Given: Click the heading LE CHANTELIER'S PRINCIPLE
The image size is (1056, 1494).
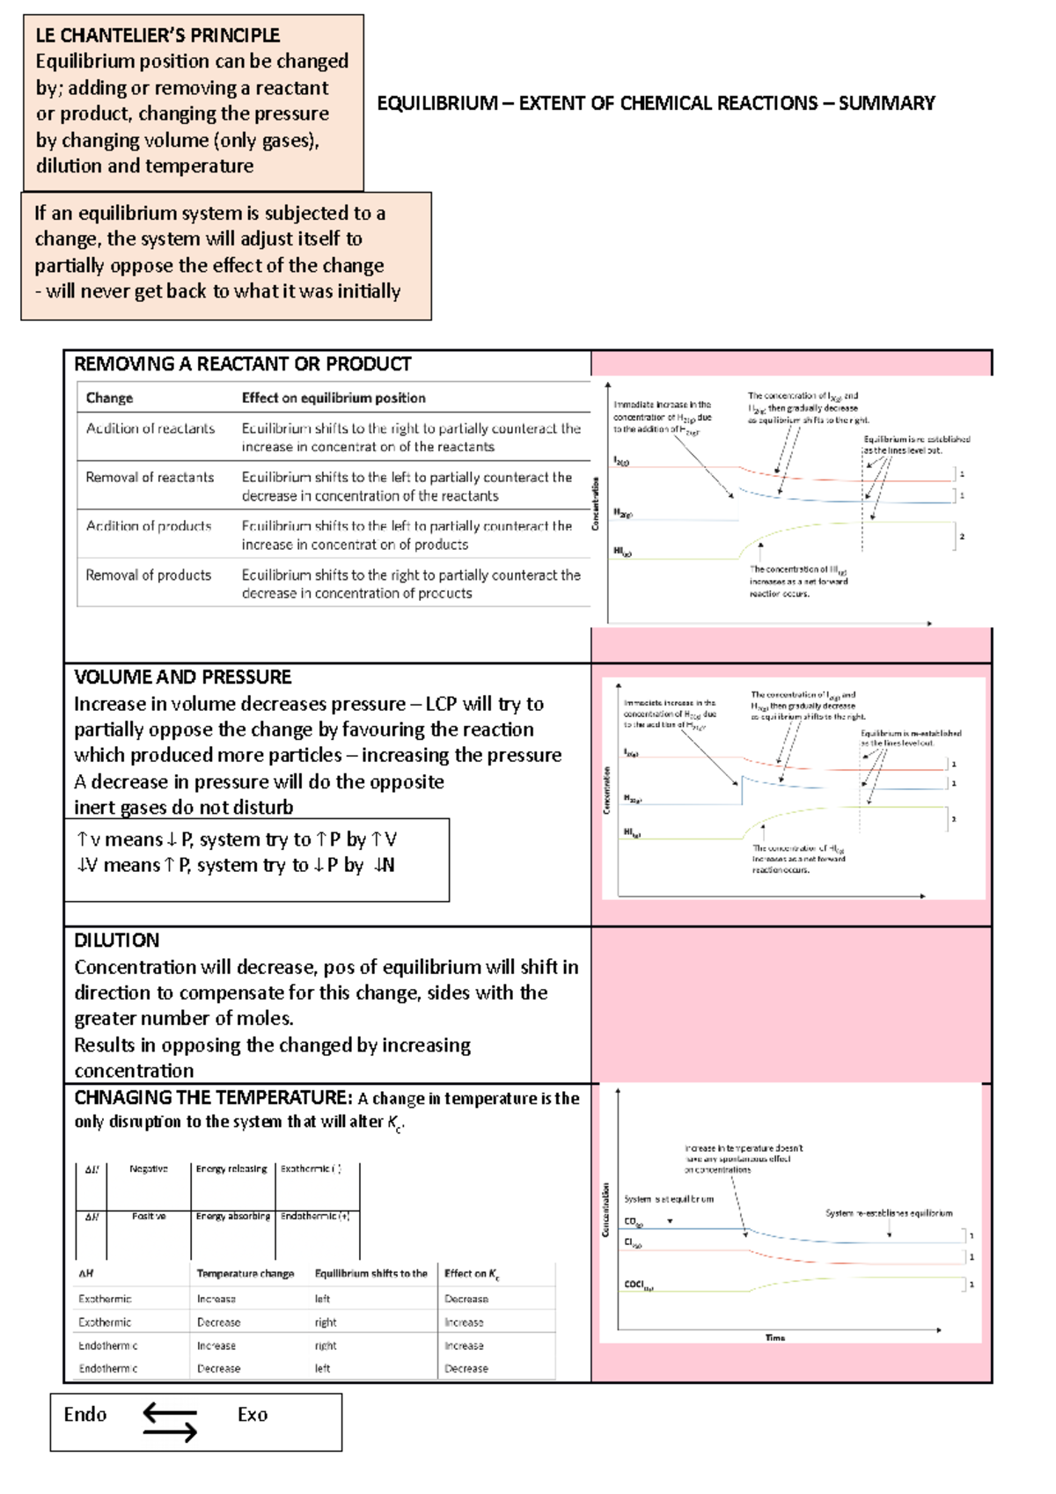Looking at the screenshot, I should coord(158,35).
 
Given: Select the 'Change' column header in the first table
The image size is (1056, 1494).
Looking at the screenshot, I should coord(109,398).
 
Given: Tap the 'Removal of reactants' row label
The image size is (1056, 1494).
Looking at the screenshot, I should coord(150,477).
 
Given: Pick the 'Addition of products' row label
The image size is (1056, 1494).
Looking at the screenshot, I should coord(149,526).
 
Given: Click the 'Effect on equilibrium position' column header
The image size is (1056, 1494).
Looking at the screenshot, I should coord(334,398).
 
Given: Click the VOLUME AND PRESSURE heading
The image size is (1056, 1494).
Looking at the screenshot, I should coord(182,677).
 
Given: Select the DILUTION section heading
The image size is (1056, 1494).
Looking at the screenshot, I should coord(116,940).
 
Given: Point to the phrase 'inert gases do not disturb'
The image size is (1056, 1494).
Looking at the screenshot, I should coord(183,807).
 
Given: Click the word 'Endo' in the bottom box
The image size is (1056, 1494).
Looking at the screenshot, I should coord(84,1415).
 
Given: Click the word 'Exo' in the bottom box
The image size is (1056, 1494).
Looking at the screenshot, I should coord(253,1415).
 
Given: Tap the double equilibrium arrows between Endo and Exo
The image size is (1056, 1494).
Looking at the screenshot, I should coord(170,1423).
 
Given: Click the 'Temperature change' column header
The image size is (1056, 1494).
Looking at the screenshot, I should coord(246,1273).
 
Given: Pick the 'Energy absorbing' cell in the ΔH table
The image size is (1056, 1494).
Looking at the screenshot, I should coord(232,1216).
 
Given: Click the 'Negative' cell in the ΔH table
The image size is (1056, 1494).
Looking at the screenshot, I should coord(148,1168).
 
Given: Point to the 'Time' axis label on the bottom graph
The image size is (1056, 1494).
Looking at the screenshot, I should coord(774,1337).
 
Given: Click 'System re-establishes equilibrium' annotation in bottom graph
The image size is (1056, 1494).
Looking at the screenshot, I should coord(889,1212).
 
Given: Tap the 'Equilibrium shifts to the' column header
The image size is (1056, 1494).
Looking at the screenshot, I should coord(370,1273).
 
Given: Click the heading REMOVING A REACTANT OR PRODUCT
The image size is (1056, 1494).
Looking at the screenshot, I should coord(242,364).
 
